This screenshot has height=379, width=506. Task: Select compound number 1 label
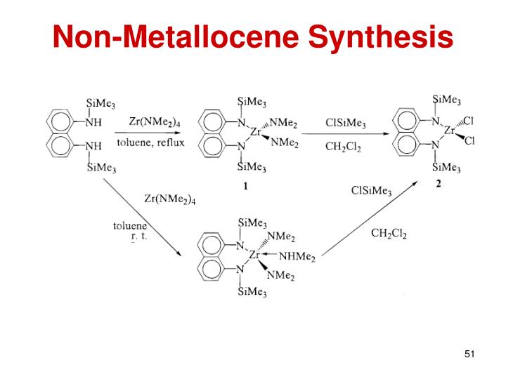(x=246, y=187)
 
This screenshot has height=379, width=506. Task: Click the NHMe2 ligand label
(x=299, y=257)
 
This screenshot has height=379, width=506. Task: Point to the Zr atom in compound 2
(x=450, y=131)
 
